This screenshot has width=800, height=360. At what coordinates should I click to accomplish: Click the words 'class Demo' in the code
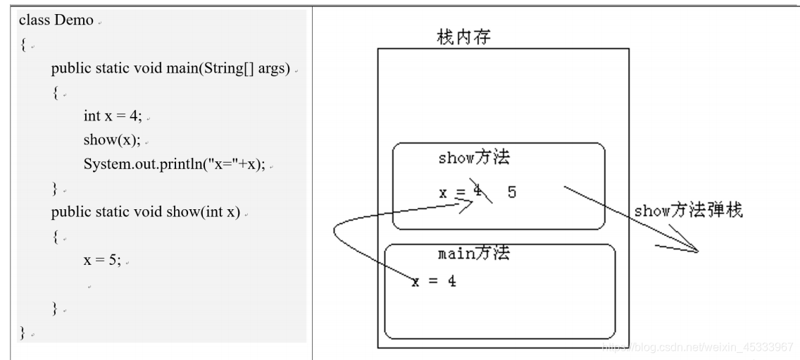tap(56, 20)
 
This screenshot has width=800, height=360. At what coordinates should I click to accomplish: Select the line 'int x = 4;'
tap(112, 116)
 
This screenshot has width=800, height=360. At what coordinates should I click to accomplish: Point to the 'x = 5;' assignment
tap(102, 259)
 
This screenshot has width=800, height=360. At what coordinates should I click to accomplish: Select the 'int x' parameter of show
tap(220, 212)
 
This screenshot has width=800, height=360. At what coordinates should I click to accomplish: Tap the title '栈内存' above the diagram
tap(463, 37)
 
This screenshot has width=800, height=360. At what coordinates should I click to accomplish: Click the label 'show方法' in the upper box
tap(473, 157)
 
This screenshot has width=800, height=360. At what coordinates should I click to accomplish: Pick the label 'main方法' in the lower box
tap(473, 254)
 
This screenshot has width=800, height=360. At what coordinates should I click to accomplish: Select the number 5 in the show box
tap(511, 192)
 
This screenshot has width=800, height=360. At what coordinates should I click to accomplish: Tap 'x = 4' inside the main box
tap(434, 280)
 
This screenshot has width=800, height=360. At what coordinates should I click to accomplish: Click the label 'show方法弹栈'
tap(688, 211)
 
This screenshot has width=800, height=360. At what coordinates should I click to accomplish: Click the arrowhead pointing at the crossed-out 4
tap(466, 206)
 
